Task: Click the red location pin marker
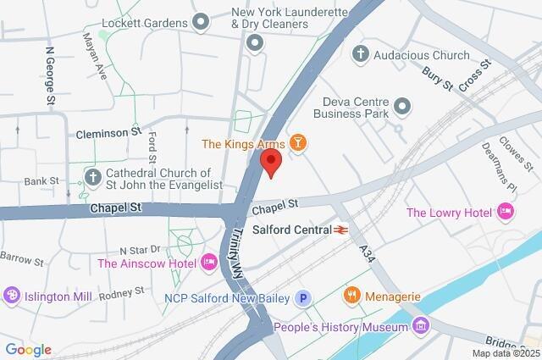coord(270,163)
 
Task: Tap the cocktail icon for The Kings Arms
coord(297,144)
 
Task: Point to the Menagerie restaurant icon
coord(351,296)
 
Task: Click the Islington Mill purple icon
coord(11,295)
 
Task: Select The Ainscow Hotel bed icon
coord(208,263)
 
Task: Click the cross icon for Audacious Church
coord(360,55)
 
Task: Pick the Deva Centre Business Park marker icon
coord(402,107)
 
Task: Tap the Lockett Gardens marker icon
coord(201,21)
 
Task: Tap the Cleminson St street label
coord(108,133)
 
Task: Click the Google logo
coord(28,350)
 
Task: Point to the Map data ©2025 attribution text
coord(505,353)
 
